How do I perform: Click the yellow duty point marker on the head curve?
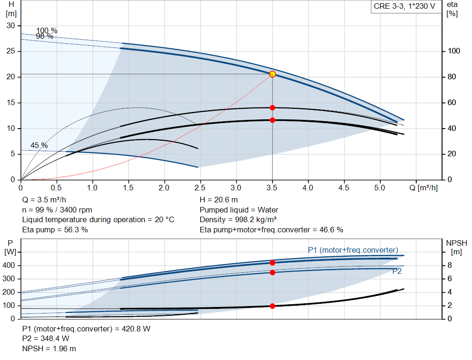pyautogui.click(x=272, y=74)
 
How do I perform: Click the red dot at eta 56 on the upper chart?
pyautogui.click(x=272, y=107)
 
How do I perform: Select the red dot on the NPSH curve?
pyautogui.click(x=272, y=306)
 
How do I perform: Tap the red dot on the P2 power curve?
pyautogui.click(x=272, y=272)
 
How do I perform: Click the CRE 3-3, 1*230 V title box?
pyautogui.click(x=404, y=7)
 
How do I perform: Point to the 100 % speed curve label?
pyautogui.click(x=47, y=31)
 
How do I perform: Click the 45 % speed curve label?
pyautogui.click(x=39, y=145)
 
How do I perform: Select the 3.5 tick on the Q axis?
pyautogui.click(x=272, y=188)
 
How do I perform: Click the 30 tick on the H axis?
pyautogui.click(x=11, y=25)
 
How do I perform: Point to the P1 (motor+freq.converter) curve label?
pyautogui.click(x=353, y=250)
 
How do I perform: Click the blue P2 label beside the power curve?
pyautogui.click(x=397, y=271)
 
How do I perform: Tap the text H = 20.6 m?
pyautogui.click(x=219, y=200)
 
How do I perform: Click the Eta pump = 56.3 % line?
pyautogui.click(x=55, y=230)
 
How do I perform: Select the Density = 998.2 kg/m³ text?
pyautogui.click(x=238, y=219)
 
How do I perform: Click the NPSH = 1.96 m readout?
pyautogui.click(x=49, y=348)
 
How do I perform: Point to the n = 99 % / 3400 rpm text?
pyautogui.click(x=57, y=210)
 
